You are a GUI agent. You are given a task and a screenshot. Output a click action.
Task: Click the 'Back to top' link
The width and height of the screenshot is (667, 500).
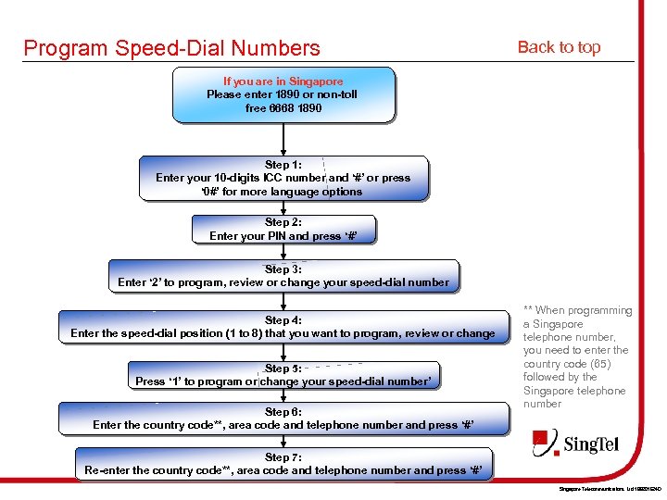point(559,47)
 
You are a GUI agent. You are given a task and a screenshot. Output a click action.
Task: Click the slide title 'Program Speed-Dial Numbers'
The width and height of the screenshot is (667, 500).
point(171,48)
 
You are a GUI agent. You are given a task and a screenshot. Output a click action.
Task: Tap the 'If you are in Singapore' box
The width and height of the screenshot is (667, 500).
point(283,94)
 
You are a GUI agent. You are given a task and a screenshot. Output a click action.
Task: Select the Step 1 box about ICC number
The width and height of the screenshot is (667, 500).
point(283,178)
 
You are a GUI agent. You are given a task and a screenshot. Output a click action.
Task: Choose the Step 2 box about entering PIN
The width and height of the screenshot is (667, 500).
point(283,229)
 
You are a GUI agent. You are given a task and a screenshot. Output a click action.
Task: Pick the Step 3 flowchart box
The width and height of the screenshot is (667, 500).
point(283,276)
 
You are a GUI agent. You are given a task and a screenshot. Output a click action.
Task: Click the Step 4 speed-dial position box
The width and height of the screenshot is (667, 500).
point(283,327)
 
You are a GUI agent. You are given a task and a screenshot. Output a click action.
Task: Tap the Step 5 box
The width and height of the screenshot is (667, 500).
point(283,374)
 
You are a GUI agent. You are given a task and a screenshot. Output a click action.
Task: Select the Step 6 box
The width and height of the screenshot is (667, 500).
point(283,419)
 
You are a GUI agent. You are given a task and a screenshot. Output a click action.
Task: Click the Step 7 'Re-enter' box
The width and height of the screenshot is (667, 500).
point(283,464)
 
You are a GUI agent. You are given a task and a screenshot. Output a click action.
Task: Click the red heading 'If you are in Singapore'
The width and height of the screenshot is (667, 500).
point(283,81)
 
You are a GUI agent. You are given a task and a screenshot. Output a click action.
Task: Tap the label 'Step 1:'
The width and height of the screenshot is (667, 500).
point(283,165)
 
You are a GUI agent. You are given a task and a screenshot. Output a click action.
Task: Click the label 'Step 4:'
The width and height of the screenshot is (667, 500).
point(283,320)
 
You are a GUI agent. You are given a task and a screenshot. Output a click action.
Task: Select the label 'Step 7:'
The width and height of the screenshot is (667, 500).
point(283,457)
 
